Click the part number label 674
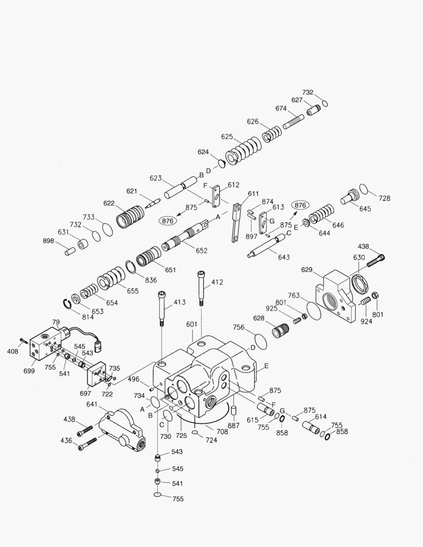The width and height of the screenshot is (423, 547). click(281, 108)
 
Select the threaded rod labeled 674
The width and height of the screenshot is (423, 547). click(293, 122)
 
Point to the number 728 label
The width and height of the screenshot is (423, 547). click(384, 198)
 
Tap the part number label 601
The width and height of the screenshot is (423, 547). click(191, 325)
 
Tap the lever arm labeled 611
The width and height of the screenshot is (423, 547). click(236, 223)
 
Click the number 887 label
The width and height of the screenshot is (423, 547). click(233, 426)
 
